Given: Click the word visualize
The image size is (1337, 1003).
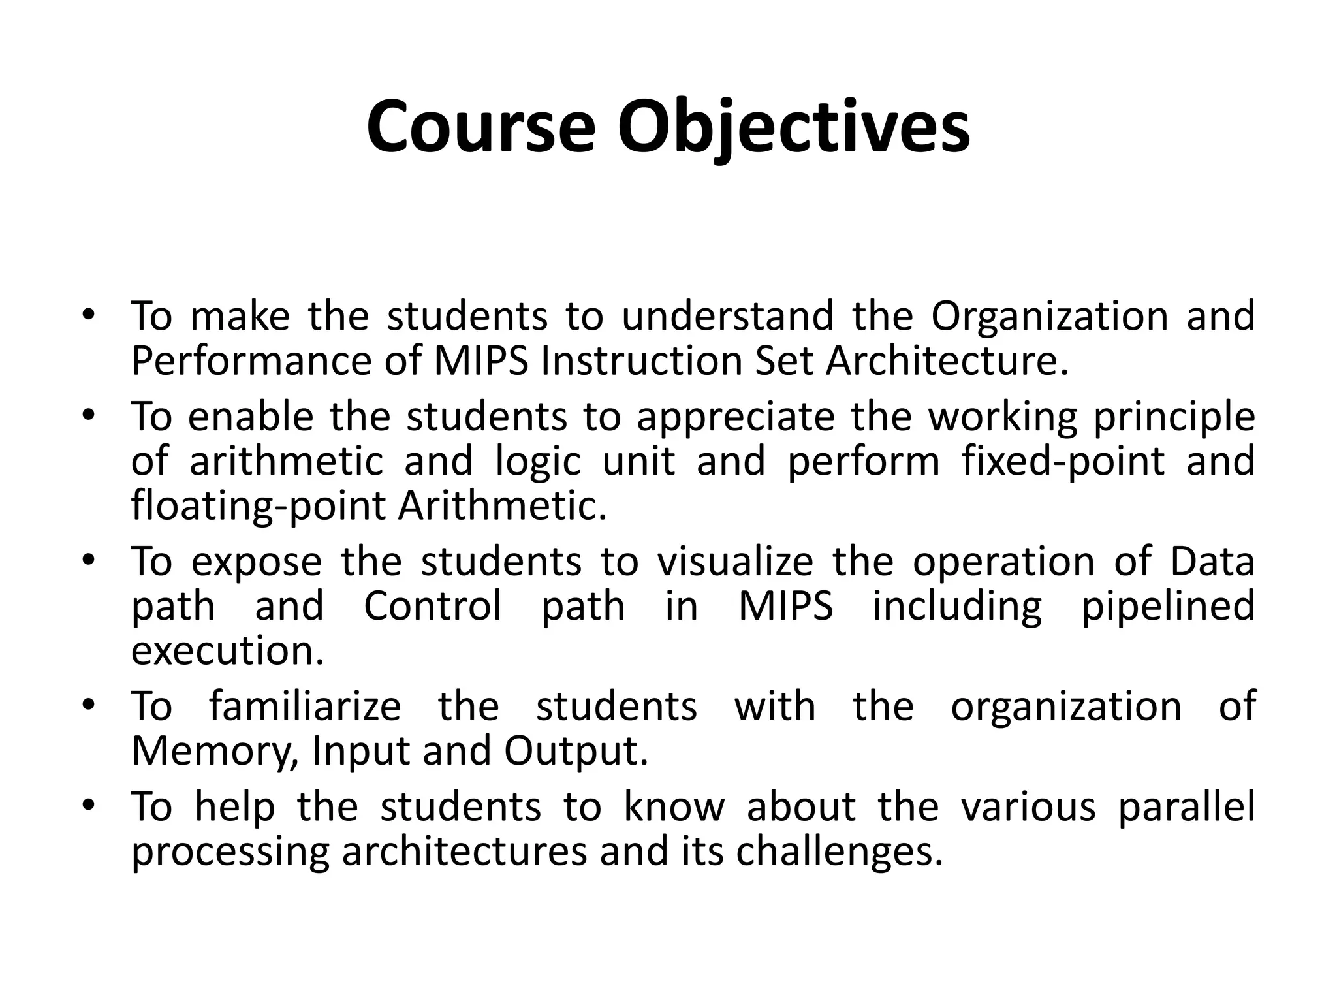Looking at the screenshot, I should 735,562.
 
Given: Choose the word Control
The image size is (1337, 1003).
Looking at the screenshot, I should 433,606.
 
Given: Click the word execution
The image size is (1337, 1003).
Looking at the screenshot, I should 227,651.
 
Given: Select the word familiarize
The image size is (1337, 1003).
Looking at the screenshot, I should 305,707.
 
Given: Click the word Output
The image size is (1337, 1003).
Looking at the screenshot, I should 576,752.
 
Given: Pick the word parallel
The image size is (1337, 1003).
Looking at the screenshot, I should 1186,807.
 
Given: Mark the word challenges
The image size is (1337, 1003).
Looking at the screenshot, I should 840,852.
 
